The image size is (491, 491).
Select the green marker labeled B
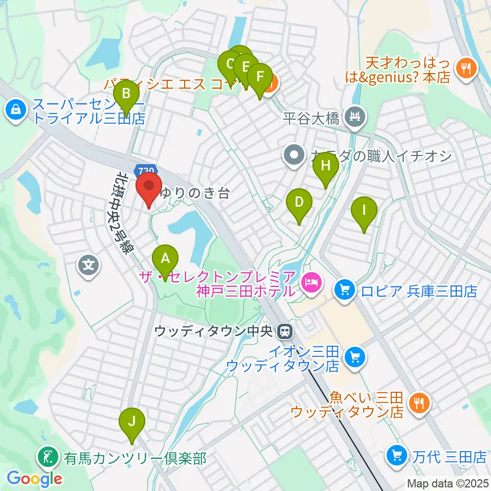click(126, 95)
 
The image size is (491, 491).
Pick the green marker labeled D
click(299, 203)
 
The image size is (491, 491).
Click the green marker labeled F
click(260, 78)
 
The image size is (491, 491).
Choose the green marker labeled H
click(326, 166)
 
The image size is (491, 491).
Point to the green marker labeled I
click(364, 211)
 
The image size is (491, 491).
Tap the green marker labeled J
click(132, 422)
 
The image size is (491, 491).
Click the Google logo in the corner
click(34, 479)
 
